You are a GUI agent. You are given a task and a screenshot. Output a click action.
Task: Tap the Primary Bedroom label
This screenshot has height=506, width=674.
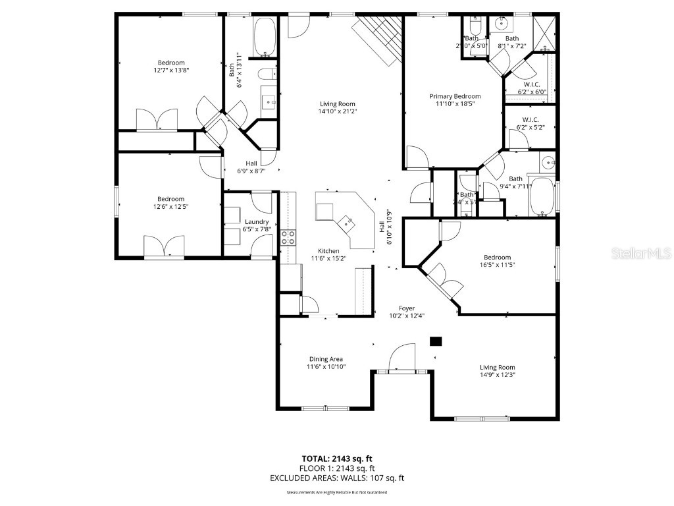coord(455,96)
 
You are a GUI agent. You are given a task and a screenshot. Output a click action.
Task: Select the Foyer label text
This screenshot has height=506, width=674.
coord(407,308)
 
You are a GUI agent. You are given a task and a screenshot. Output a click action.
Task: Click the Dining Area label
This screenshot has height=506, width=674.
coord(326,359)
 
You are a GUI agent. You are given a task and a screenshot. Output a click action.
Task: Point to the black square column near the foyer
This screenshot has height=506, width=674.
coord(436,341)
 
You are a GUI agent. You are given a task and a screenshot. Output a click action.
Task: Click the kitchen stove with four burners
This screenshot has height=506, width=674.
coord(288,237)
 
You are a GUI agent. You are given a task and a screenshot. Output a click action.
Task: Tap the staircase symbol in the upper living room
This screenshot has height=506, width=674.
coord(379,40)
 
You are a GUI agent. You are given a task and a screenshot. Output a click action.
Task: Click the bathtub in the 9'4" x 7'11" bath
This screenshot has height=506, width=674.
coord(543,196)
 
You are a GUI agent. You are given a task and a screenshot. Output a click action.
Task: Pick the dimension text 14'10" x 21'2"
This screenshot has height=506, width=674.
coord(338,112)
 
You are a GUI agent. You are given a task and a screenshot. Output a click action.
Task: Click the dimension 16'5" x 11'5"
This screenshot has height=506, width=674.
coord(497,265)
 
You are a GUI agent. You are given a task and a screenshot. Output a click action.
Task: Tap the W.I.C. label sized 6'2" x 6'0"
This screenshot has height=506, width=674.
coord(532,92)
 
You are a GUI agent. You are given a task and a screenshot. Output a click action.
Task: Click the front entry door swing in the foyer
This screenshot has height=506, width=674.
coord(402,359)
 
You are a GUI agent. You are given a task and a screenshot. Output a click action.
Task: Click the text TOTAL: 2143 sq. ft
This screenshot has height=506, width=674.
coord(336,459)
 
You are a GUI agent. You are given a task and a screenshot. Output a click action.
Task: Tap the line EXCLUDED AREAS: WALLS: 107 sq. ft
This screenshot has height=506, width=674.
coord(336,478)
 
